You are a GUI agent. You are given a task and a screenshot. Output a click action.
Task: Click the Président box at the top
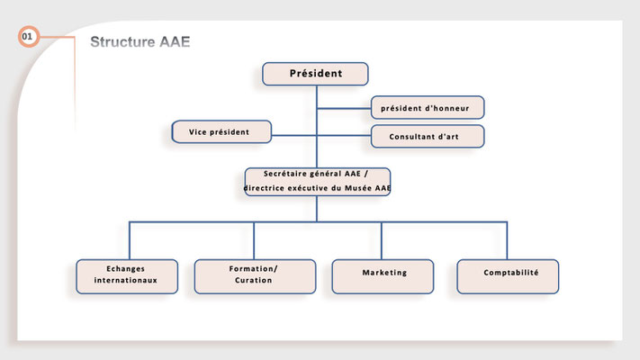(x=315, y=74)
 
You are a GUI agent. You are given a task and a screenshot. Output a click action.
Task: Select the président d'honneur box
(x=428, y=107)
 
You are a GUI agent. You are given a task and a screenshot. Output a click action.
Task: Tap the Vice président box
(x=221, y=131)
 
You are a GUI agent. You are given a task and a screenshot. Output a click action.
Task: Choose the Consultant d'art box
(x=428, y=136)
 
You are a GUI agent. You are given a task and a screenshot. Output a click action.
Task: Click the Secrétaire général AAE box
(x=317, y=182)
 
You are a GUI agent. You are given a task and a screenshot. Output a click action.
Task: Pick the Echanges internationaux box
(x=127, y=276)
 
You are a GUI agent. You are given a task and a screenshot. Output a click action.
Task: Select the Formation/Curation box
(x=255, y=276)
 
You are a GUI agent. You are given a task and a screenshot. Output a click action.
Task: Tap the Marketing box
(x=383, y=276)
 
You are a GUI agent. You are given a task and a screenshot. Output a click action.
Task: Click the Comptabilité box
(x=508, y=276)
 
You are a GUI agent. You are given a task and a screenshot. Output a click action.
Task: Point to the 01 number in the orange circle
(x=27, y=37)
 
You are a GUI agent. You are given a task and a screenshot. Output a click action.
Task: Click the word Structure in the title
(x=122, y=41)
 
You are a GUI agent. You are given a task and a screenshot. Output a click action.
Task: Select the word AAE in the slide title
(x=175, y=41)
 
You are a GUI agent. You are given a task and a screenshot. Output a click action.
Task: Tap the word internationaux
(x=126, y=281)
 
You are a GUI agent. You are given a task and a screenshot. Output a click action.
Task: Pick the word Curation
(x=254, y=281)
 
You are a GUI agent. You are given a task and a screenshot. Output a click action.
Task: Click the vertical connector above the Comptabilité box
(x=507, y=241)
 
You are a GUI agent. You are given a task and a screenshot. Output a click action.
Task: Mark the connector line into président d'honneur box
(x=344, y=109)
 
